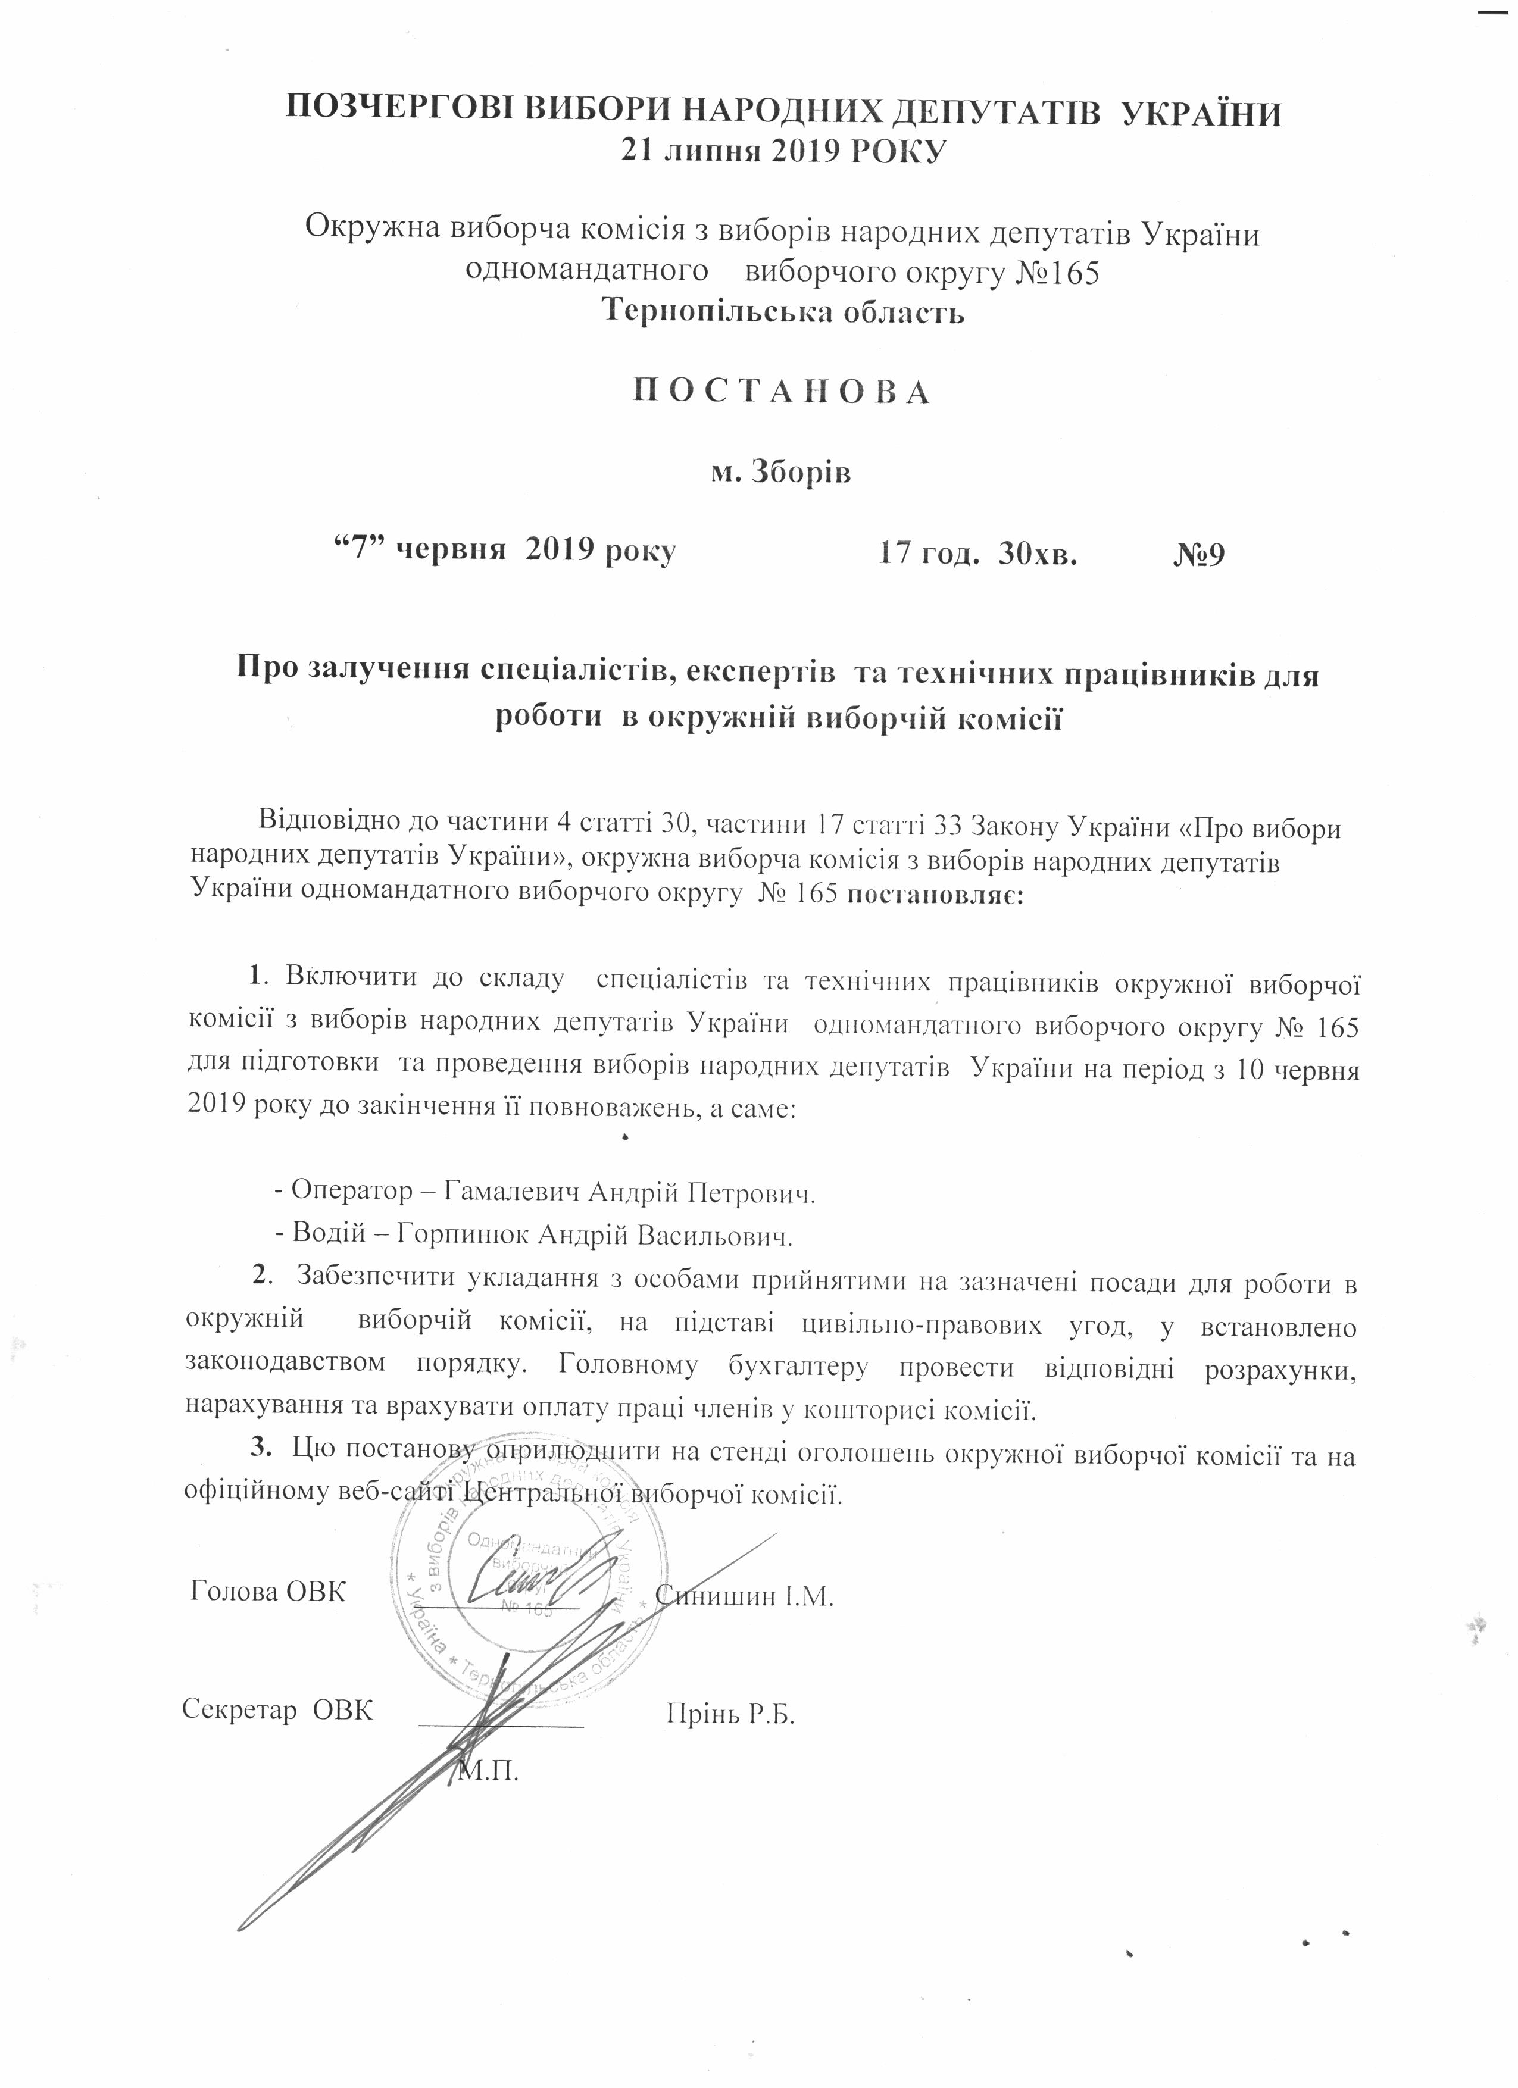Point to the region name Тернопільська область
tap(782, 311)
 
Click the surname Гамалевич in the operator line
tap(512, 1193)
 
